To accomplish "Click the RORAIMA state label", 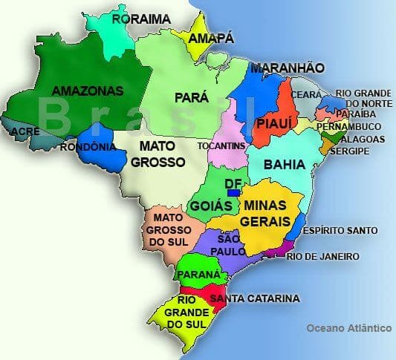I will [x=141, y=19].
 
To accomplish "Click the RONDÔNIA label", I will [x=88, y=146].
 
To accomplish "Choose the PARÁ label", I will [x=191, y=96].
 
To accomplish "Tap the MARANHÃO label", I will [x=287, y=68].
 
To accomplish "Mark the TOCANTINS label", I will [x=221, y=146].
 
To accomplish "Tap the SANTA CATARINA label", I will [x=254, y=298].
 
